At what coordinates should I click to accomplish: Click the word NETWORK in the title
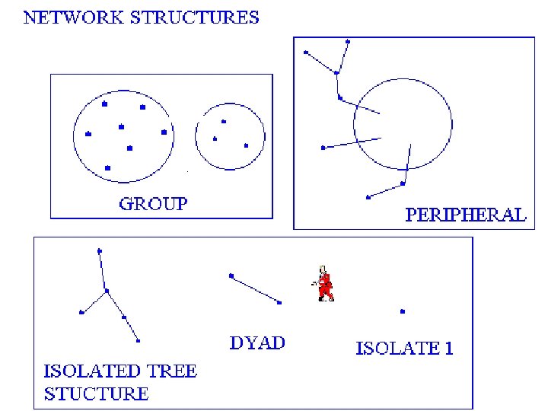pos(66,18)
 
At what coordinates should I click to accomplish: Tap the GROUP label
pos(153,203)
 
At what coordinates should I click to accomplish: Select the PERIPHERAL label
pos(465,215)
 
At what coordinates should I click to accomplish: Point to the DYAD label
pos(257,342)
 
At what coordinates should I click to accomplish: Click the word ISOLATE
pos(397,349)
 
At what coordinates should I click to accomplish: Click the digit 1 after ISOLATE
pos(449,349)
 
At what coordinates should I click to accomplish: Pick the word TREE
pos(171,371)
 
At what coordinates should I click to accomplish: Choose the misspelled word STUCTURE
pos(96,393)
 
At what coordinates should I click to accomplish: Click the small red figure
pos(326,283)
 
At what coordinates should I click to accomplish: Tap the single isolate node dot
pos(403,311)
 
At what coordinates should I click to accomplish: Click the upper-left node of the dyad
pos(231,276)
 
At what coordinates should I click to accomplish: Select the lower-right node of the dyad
pos(279,303)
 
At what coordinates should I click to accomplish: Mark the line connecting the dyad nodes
pos(255,289)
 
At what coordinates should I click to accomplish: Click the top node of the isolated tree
pos(100,250)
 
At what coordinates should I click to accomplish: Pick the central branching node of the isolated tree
pos(107,291)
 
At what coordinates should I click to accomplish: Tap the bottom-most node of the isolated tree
pos(139,340)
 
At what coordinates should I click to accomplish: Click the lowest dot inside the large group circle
pos(107,167)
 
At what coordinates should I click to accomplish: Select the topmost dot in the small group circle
pos(223,121)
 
